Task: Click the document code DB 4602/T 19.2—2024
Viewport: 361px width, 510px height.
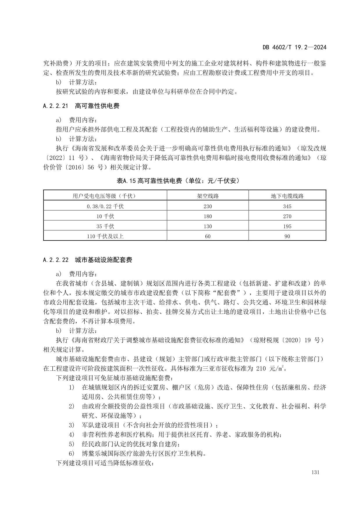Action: pos(294,47)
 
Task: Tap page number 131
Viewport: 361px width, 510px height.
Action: pos(315,472)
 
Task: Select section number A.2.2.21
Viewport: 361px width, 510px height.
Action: pos(55,106)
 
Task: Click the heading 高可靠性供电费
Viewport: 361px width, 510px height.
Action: pos(97,106)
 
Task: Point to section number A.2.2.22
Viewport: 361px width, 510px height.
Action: pos(55,260)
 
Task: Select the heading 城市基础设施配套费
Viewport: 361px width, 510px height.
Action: pos(103,260)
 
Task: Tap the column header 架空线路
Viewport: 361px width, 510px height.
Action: pos(208,196)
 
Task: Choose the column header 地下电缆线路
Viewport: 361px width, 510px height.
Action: pos(287,196)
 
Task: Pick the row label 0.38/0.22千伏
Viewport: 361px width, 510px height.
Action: pos(105,206)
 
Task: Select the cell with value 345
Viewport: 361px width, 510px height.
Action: pos(287,206)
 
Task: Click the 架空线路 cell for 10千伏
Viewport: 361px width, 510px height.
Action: pos(208,216)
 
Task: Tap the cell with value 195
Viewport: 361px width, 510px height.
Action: pos(287,227)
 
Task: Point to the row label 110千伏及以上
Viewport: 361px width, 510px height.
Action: pos(105,236)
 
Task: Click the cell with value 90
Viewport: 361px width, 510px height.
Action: pos(287,236)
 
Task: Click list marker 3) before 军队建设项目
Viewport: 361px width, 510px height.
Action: pos(72,425)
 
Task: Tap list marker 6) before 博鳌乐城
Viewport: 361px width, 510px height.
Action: pos(72,453)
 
